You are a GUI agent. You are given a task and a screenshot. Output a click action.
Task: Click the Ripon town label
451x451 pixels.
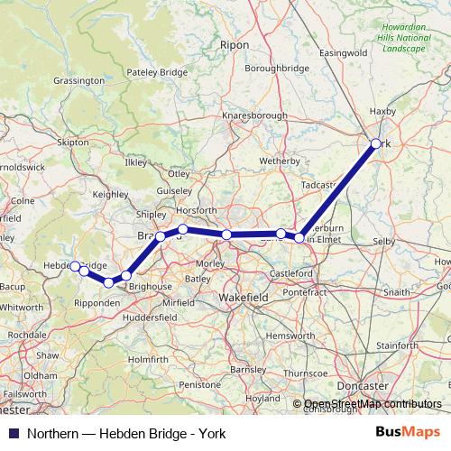[x=234, y=43]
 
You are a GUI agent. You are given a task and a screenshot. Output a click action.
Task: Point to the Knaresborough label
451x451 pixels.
[x=254, y=115]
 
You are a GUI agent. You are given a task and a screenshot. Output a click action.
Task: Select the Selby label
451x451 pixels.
[x=383, y=242]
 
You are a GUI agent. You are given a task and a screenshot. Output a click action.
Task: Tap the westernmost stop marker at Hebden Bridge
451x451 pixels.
[x=74, y=266]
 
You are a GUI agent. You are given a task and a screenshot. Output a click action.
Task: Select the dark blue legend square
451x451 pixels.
[x=12, y=433]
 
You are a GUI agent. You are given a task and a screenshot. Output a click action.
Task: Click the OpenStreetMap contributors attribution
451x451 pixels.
[x=373, y=403]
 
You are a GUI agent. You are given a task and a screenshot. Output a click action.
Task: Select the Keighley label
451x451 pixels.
[x=111, y=194]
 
